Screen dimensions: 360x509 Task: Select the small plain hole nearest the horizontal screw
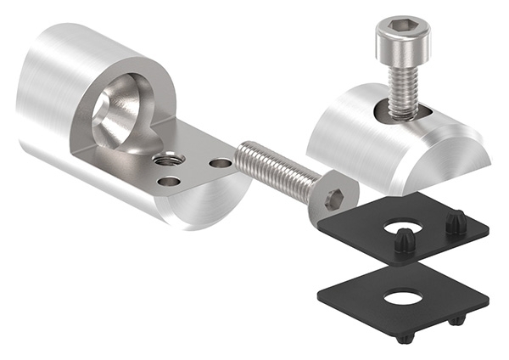click(219, 162)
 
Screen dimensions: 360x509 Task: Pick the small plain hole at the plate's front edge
click(169, 181)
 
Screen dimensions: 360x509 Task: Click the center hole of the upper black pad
click(404, 228)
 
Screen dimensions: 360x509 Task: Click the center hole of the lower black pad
click(401, 297)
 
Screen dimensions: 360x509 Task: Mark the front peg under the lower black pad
click(406, 338)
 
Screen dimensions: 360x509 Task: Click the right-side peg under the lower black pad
click(458, 320)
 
